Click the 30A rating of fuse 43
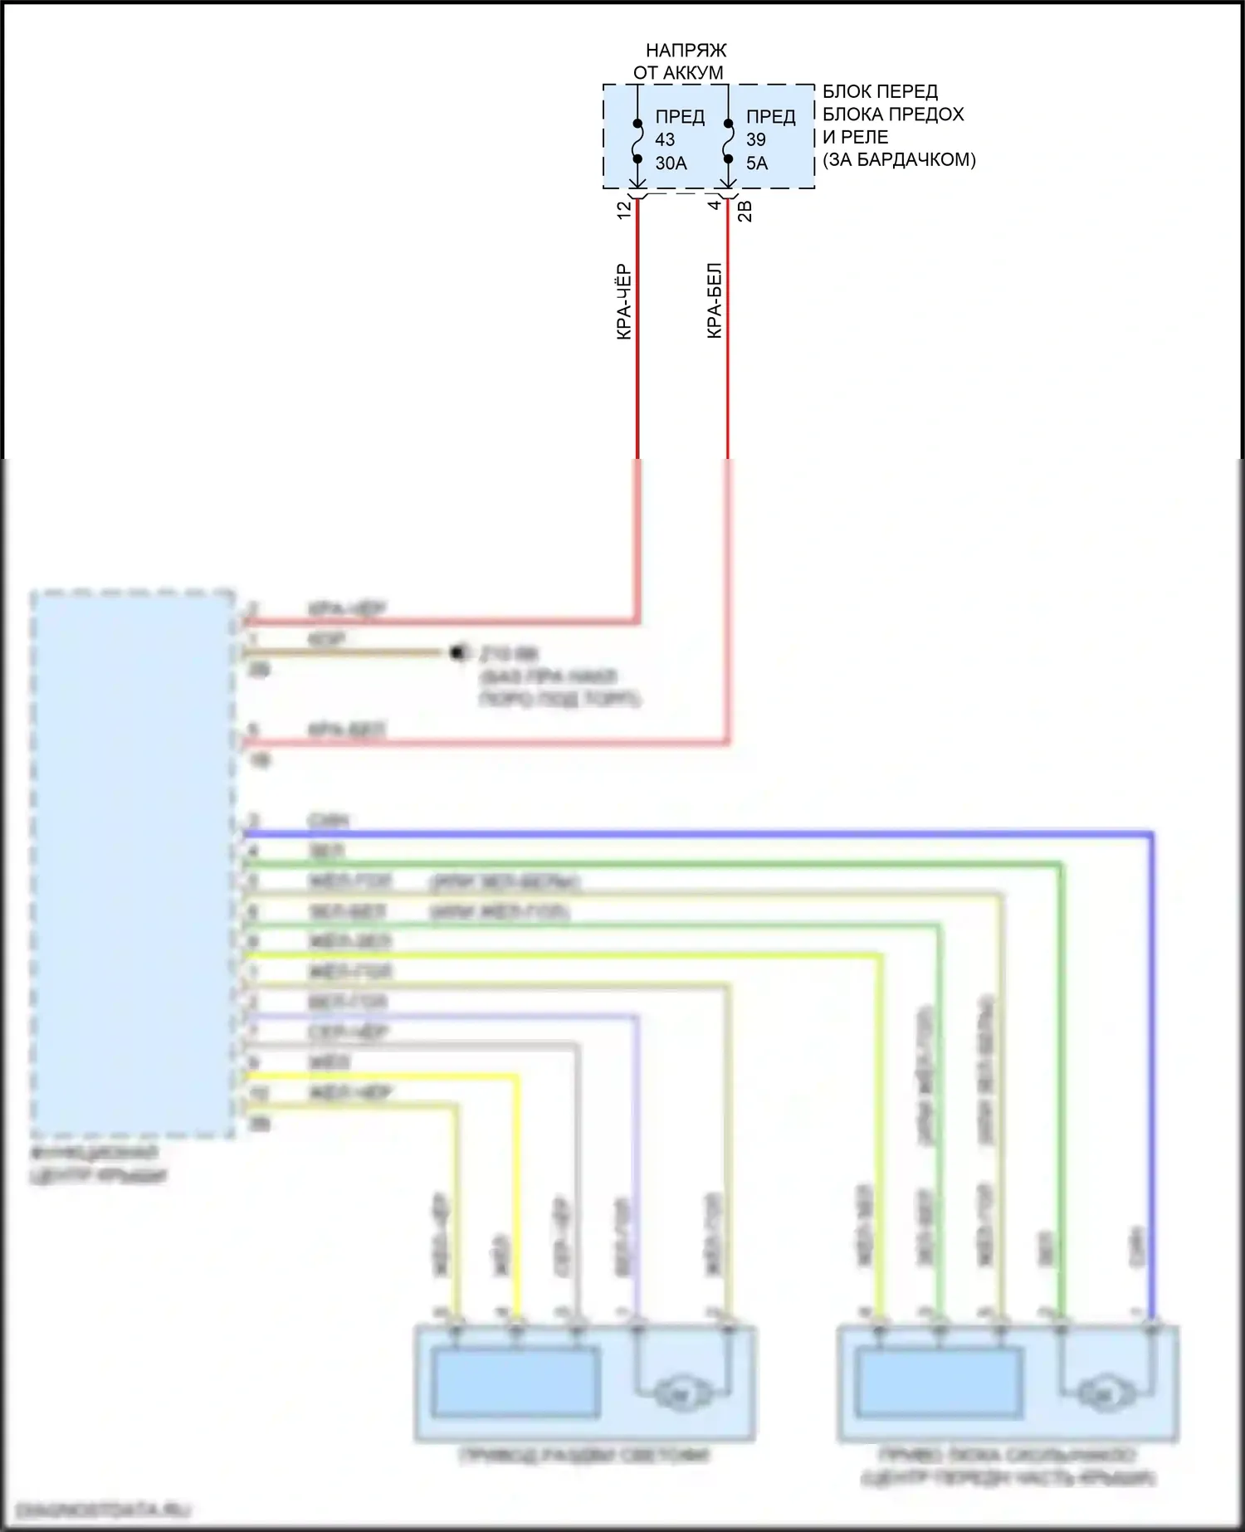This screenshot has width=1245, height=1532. [671, 163]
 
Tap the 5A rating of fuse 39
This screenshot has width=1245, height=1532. [756, 163]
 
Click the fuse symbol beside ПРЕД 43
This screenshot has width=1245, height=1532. [637, 142]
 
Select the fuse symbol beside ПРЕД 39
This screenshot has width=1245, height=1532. [728, 142]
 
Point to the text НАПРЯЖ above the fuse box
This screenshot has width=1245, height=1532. [686, 51]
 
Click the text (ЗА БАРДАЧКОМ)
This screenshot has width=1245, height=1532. [899, 160]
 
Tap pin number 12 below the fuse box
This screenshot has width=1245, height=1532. [624, 210]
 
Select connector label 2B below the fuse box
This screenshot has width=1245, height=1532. [745, 211]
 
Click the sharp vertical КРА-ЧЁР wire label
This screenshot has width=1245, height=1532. [624, 301]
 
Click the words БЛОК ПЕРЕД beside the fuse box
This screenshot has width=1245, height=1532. [880, 91]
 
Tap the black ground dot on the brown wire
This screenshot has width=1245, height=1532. [456, 652]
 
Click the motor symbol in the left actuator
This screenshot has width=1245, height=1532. [682, 1391]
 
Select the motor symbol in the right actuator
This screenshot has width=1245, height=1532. [1105, 1392]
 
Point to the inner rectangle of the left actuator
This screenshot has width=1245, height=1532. [515, 1383]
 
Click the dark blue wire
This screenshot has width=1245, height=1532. [697, 832]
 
